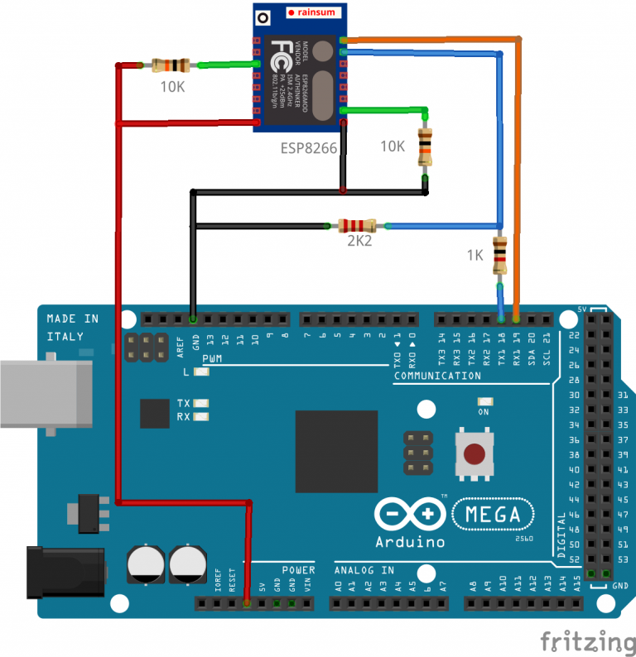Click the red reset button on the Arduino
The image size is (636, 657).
pos(474,454)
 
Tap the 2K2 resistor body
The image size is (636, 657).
pos(356,226)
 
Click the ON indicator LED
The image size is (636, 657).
pos(484,400)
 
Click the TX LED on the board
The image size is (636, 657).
pos(200,403)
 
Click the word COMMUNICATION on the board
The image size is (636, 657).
pos(437,376)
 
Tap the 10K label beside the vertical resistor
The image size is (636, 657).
pos(393,146)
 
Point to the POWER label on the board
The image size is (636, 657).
pos(298,570)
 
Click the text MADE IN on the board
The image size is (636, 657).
pos(72,319)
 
